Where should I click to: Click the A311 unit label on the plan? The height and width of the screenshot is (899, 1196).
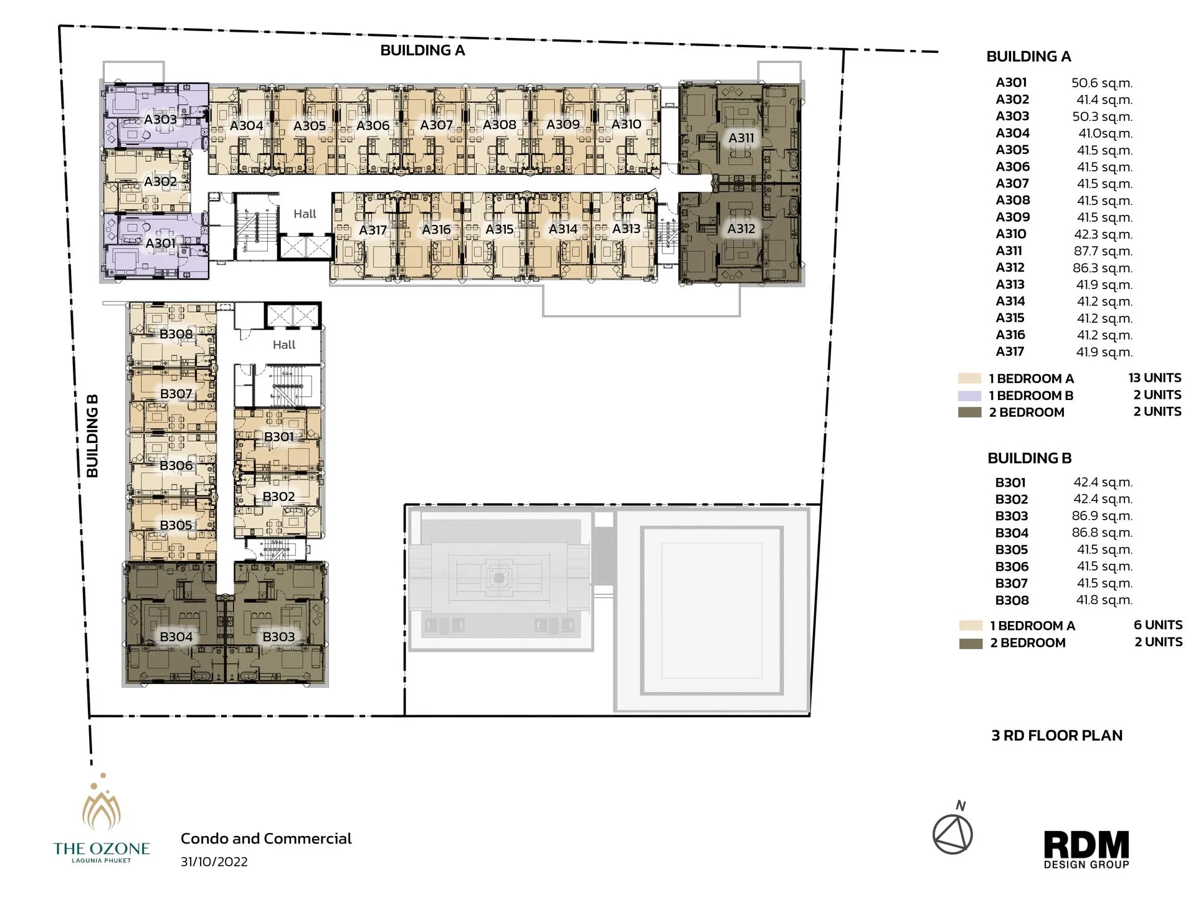[x=741, y=138]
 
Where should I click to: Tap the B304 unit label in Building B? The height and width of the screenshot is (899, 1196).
[x=176, y=637]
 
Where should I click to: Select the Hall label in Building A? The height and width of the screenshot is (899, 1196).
[x=305, y=214]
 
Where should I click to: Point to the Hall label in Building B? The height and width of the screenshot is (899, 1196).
[x=283, y=345]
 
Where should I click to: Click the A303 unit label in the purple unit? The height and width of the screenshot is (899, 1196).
[x=160, y=119]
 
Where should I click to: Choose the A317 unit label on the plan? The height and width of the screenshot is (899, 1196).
[x=373, y=230]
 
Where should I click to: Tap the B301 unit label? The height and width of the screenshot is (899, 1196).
[x=278, y=437]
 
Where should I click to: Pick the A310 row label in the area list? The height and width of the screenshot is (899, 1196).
[x=1010, y=234]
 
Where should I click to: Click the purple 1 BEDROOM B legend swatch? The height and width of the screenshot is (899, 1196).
[x=969, y=396]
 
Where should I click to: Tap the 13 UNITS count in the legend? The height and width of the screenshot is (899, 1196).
[x=1154, y=378]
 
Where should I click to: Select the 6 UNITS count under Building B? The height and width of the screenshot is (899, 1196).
[x=1157, y=625]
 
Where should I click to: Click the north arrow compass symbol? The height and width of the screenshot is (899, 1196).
[x=952, y=834]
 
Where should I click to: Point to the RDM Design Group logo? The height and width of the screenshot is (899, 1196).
[x=1086, y=849]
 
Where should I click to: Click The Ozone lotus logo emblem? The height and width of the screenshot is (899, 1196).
[x=102, y=807]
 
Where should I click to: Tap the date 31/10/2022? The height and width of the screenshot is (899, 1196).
[x=214, y=862]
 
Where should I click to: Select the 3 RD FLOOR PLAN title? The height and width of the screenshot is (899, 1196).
[x=1056, y=736]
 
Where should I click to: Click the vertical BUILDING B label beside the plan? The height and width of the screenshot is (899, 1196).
[x=92, y=436]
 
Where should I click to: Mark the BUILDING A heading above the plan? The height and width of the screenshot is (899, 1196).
[x=422, y=50]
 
